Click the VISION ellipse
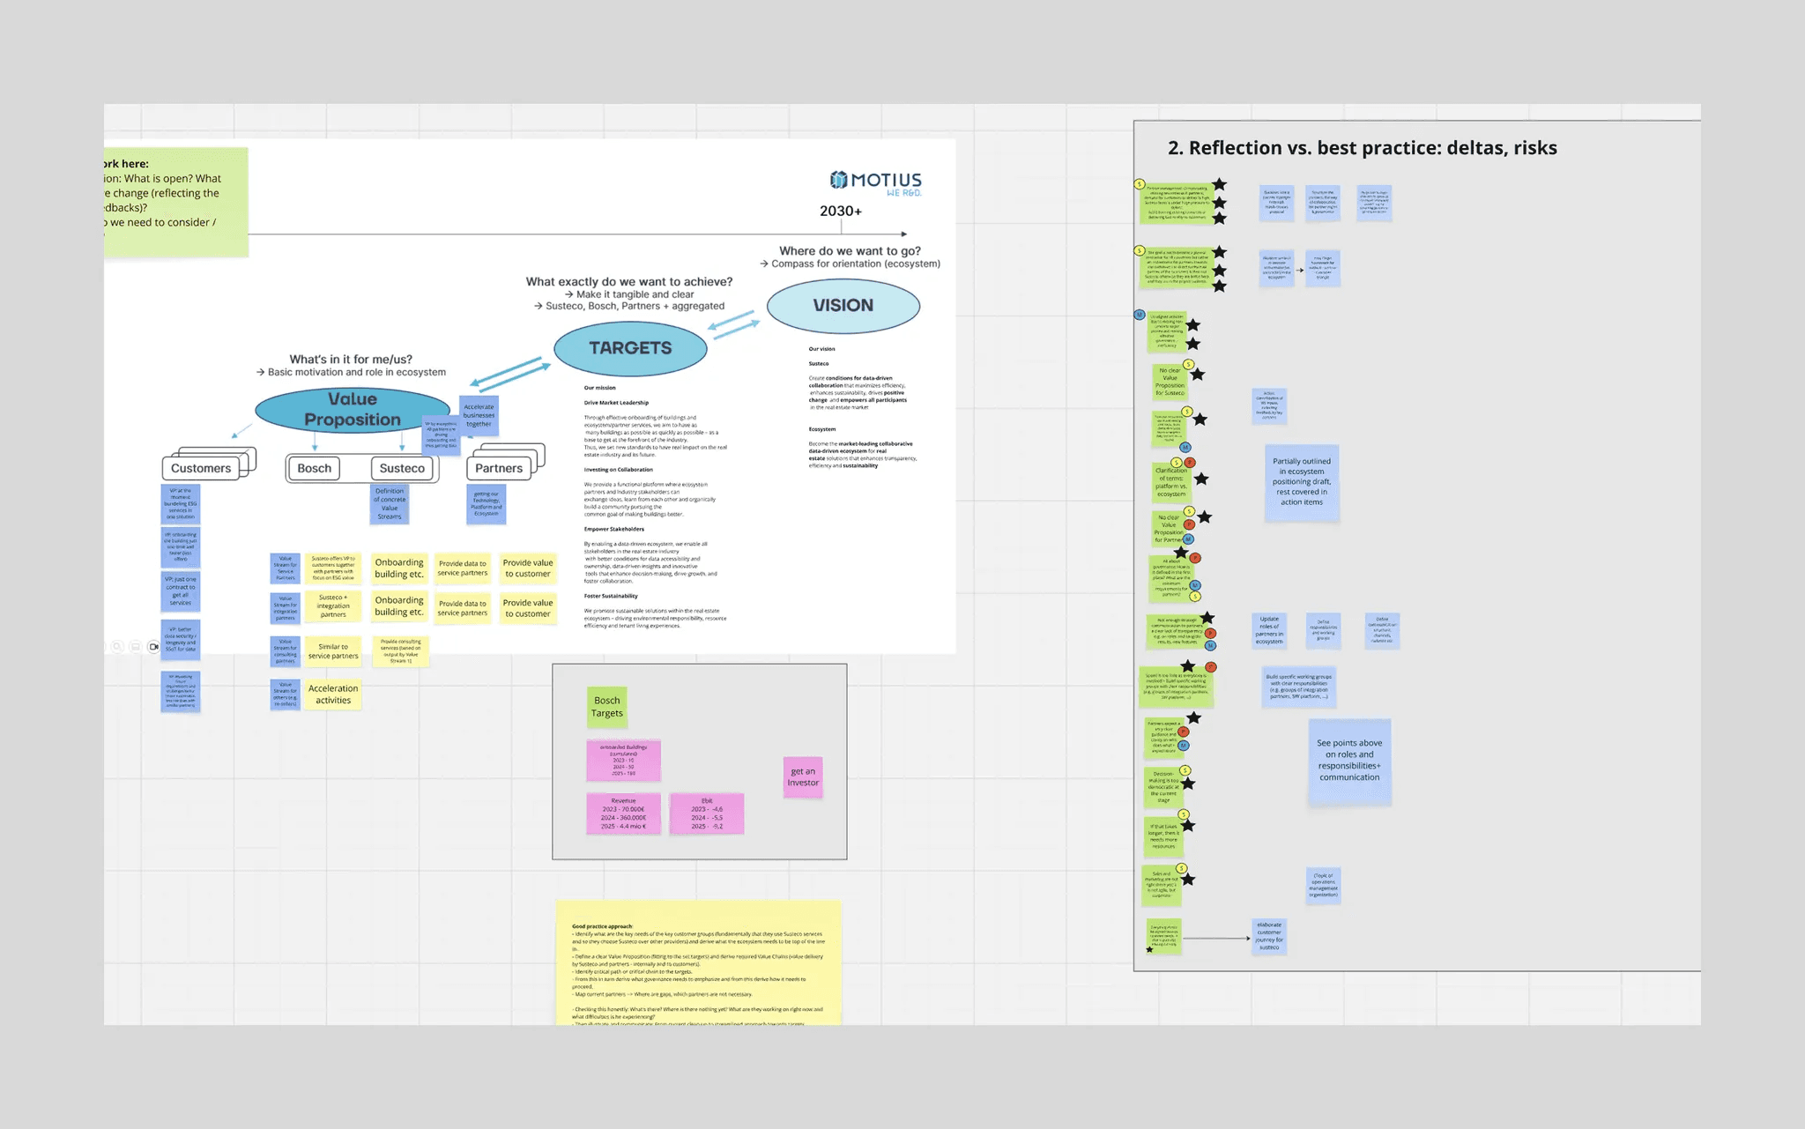(843, 306)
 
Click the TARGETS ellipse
(630, 348)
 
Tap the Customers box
(201, 468)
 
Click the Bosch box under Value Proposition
(315, 468)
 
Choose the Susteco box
(402, 468)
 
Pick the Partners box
(499, 468)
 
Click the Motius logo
(875, 182)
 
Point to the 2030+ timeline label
(841, 211)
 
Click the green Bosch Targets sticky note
(607, 707)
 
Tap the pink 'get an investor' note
(803, 776)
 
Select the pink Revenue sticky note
(623, 813)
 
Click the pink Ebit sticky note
(707, 813)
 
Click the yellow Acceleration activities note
(333, 694)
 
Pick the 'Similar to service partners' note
(333, 651)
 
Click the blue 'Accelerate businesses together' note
(479, 415)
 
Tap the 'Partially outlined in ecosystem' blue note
(1302, 482)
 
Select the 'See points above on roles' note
(1349, 761)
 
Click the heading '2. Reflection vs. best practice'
(1362, 148)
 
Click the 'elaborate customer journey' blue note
(1269, 936)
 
